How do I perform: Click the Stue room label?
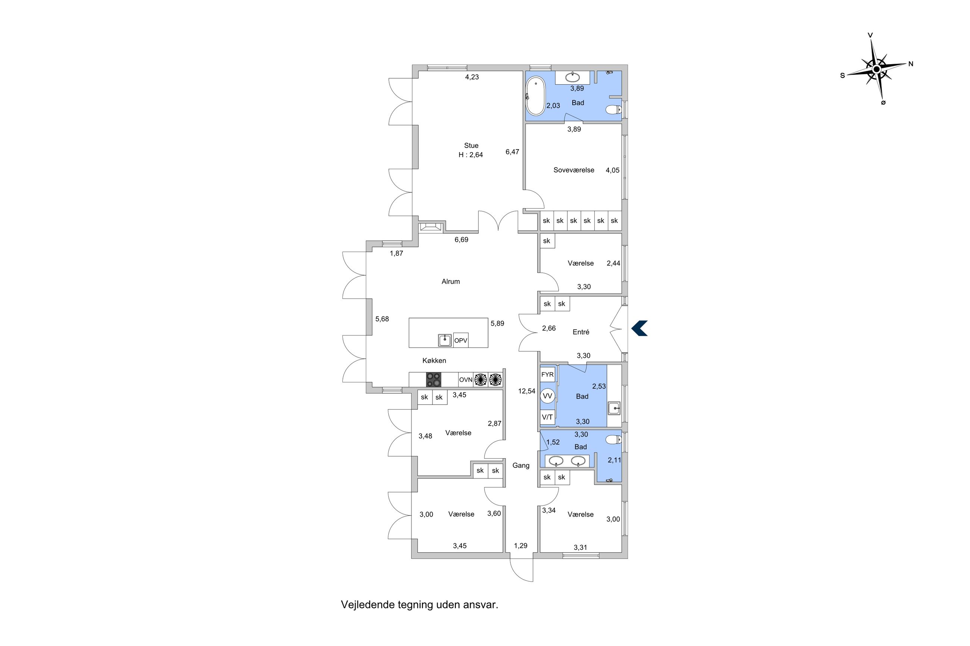(x=471, y=145)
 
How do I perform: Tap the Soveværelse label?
(x=573, y=170)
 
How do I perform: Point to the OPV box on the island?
(x=460, y=340)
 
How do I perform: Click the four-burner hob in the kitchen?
(x=433, y=379)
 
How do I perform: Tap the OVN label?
(x=466, y=379)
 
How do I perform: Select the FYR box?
(x=547, y=375)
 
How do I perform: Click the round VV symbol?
(x=547, y=396)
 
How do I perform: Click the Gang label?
(x=521, y=466)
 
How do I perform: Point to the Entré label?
(x=581, y=332)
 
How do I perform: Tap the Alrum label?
(x=451, y=281)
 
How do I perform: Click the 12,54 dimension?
(x=526, y=391)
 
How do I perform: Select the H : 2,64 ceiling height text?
(x=471, y=155)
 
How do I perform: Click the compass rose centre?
(x=876, y=69)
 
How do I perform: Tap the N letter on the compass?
(x=911, y=64)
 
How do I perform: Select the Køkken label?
(x=434, y=360)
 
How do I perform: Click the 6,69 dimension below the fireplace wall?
(x=461, y=240)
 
